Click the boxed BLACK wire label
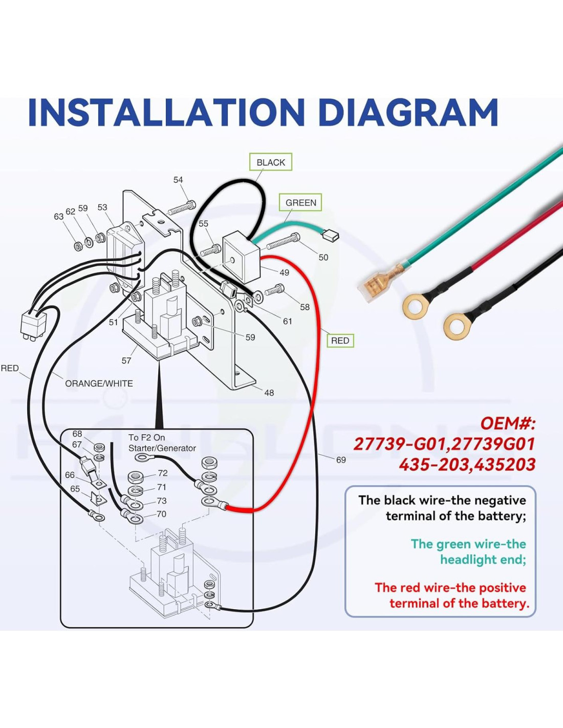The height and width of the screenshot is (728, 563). [x=271, y=162]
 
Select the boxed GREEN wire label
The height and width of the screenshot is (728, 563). [x=300, y=203]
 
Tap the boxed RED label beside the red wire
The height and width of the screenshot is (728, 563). [x=340, y=340]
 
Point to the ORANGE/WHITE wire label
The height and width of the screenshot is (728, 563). [x=99, y=383]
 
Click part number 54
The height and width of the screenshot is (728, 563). [x=178, y=180]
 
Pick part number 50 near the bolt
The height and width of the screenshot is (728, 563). [x=323, y=258]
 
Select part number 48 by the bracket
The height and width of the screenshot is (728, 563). [x=269, y=393]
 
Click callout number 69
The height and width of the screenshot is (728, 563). [x=341, y=460]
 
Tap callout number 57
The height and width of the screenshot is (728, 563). [x=126, y=360]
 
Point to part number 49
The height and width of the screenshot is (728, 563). [x=284, y=272]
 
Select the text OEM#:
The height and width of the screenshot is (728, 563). [x=508, y=423]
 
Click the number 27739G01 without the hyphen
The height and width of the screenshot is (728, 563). [x=492, y=444]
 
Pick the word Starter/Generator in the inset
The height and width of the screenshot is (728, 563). [x=162, y=448]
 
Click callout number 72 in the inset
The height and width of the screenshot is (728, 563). [x=162, y=473]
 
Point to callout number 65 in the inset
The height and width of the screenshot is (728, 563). [x=75, y=488]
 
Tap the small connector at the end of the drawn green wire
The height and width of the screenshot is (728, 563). [x=330, y=235]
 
